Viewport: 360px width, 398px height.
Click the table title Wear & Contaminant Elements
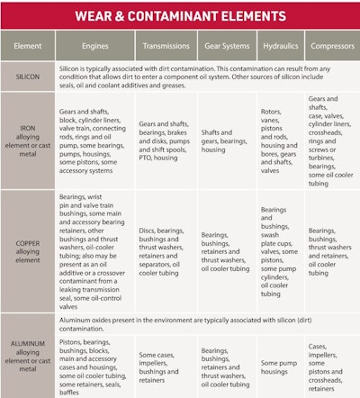pos(180,16)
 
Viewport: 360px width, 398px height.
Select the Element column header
pos(27,45)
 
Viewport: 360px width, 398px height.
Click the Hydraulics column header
pos(278,45)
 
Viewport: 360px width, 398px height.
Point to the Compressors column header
pos(330,45)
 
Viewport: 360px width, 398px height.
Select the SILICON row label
pos(27,77)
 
